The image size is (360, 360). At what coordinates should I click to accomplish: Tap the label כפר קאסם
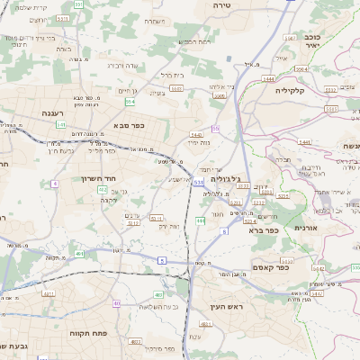click(x=295, y=267)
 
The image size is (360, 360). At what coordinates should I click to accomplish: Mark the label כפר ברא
click(x=264, y=230)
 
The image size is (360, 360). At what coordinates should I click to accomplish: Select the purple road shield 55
click(x=216, y=129)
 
